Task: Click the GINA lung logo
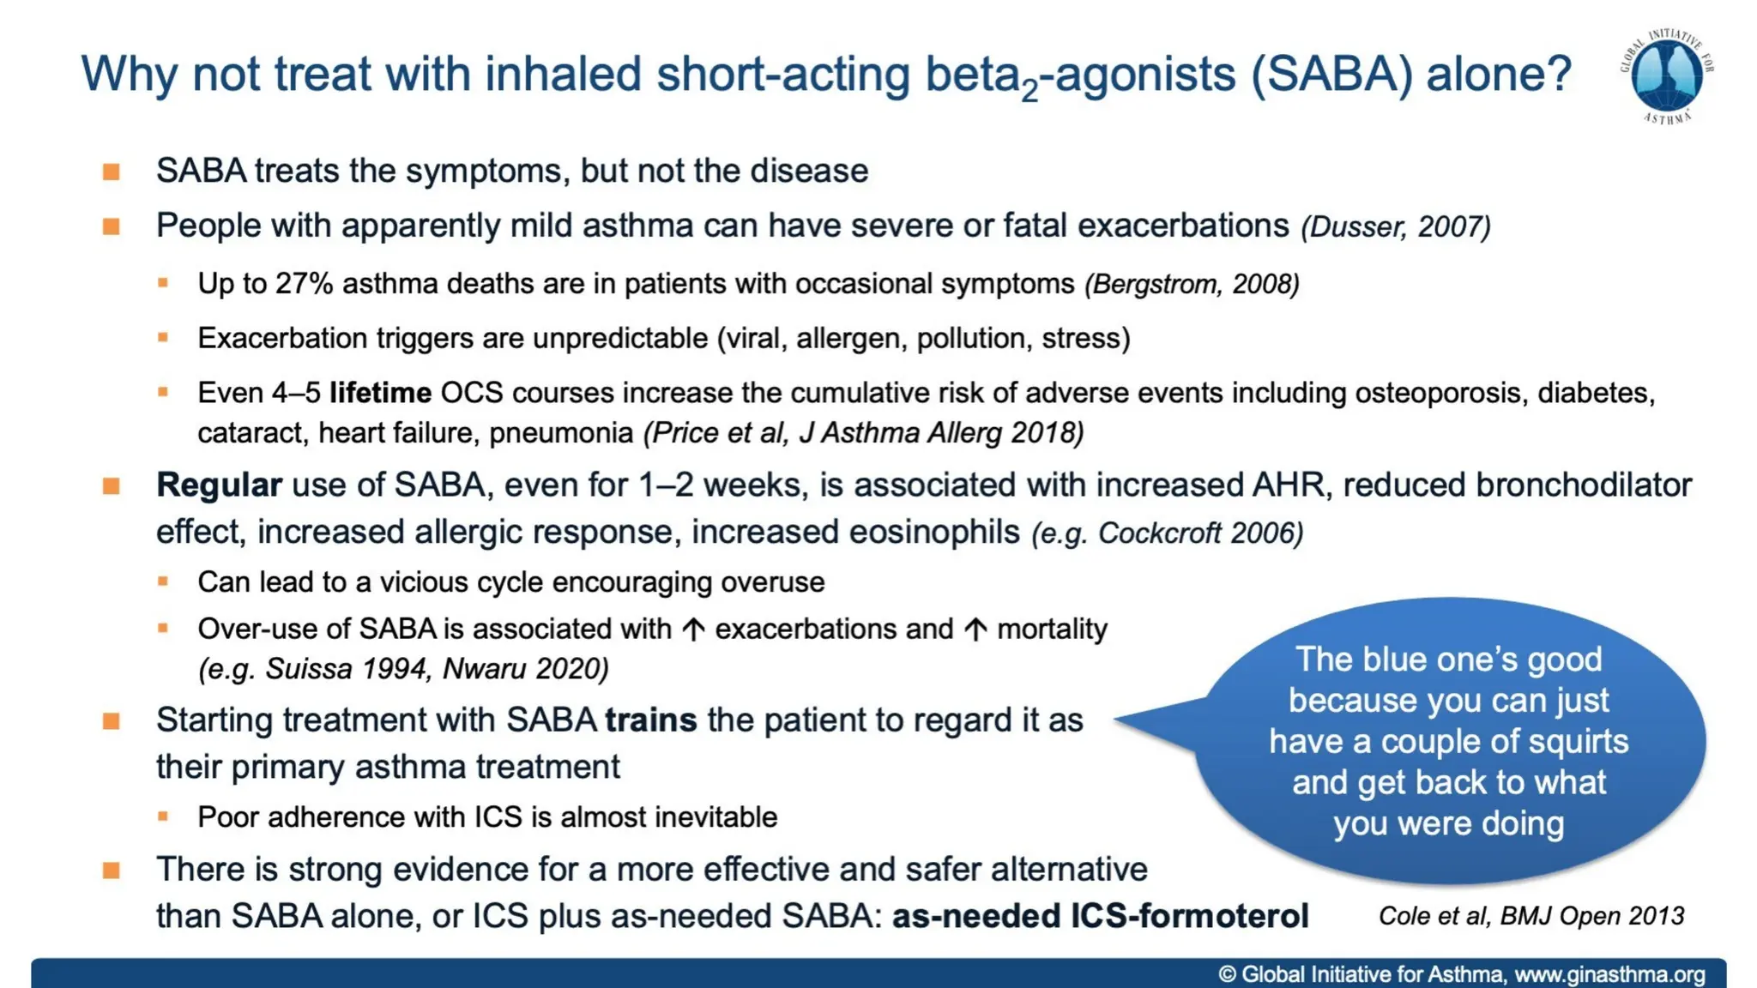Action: point(1666,76)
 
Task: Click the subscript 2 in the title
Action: point(1029,91)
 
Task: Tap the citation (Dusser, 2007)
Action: point(1396,227)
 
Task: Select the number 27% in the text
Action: point(304,284)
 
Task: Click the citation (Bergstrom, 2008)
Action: point(1192,284)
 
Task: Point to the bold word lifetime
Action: point(380,393)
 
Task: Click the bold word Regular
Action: point(219,485)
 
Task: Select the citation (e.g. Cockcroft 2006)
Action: point(1167,533)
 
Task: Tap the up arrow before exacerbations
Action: point(693,630)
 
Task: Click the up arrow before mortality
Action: point(975,630)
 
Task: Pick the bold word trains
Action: point(650,720)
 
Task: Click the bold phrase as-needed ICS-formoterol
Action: point(1100,916)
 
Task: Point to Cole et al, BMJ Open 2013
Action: point(1531,916)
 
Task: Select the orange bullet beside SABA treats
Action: point(112,172)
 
